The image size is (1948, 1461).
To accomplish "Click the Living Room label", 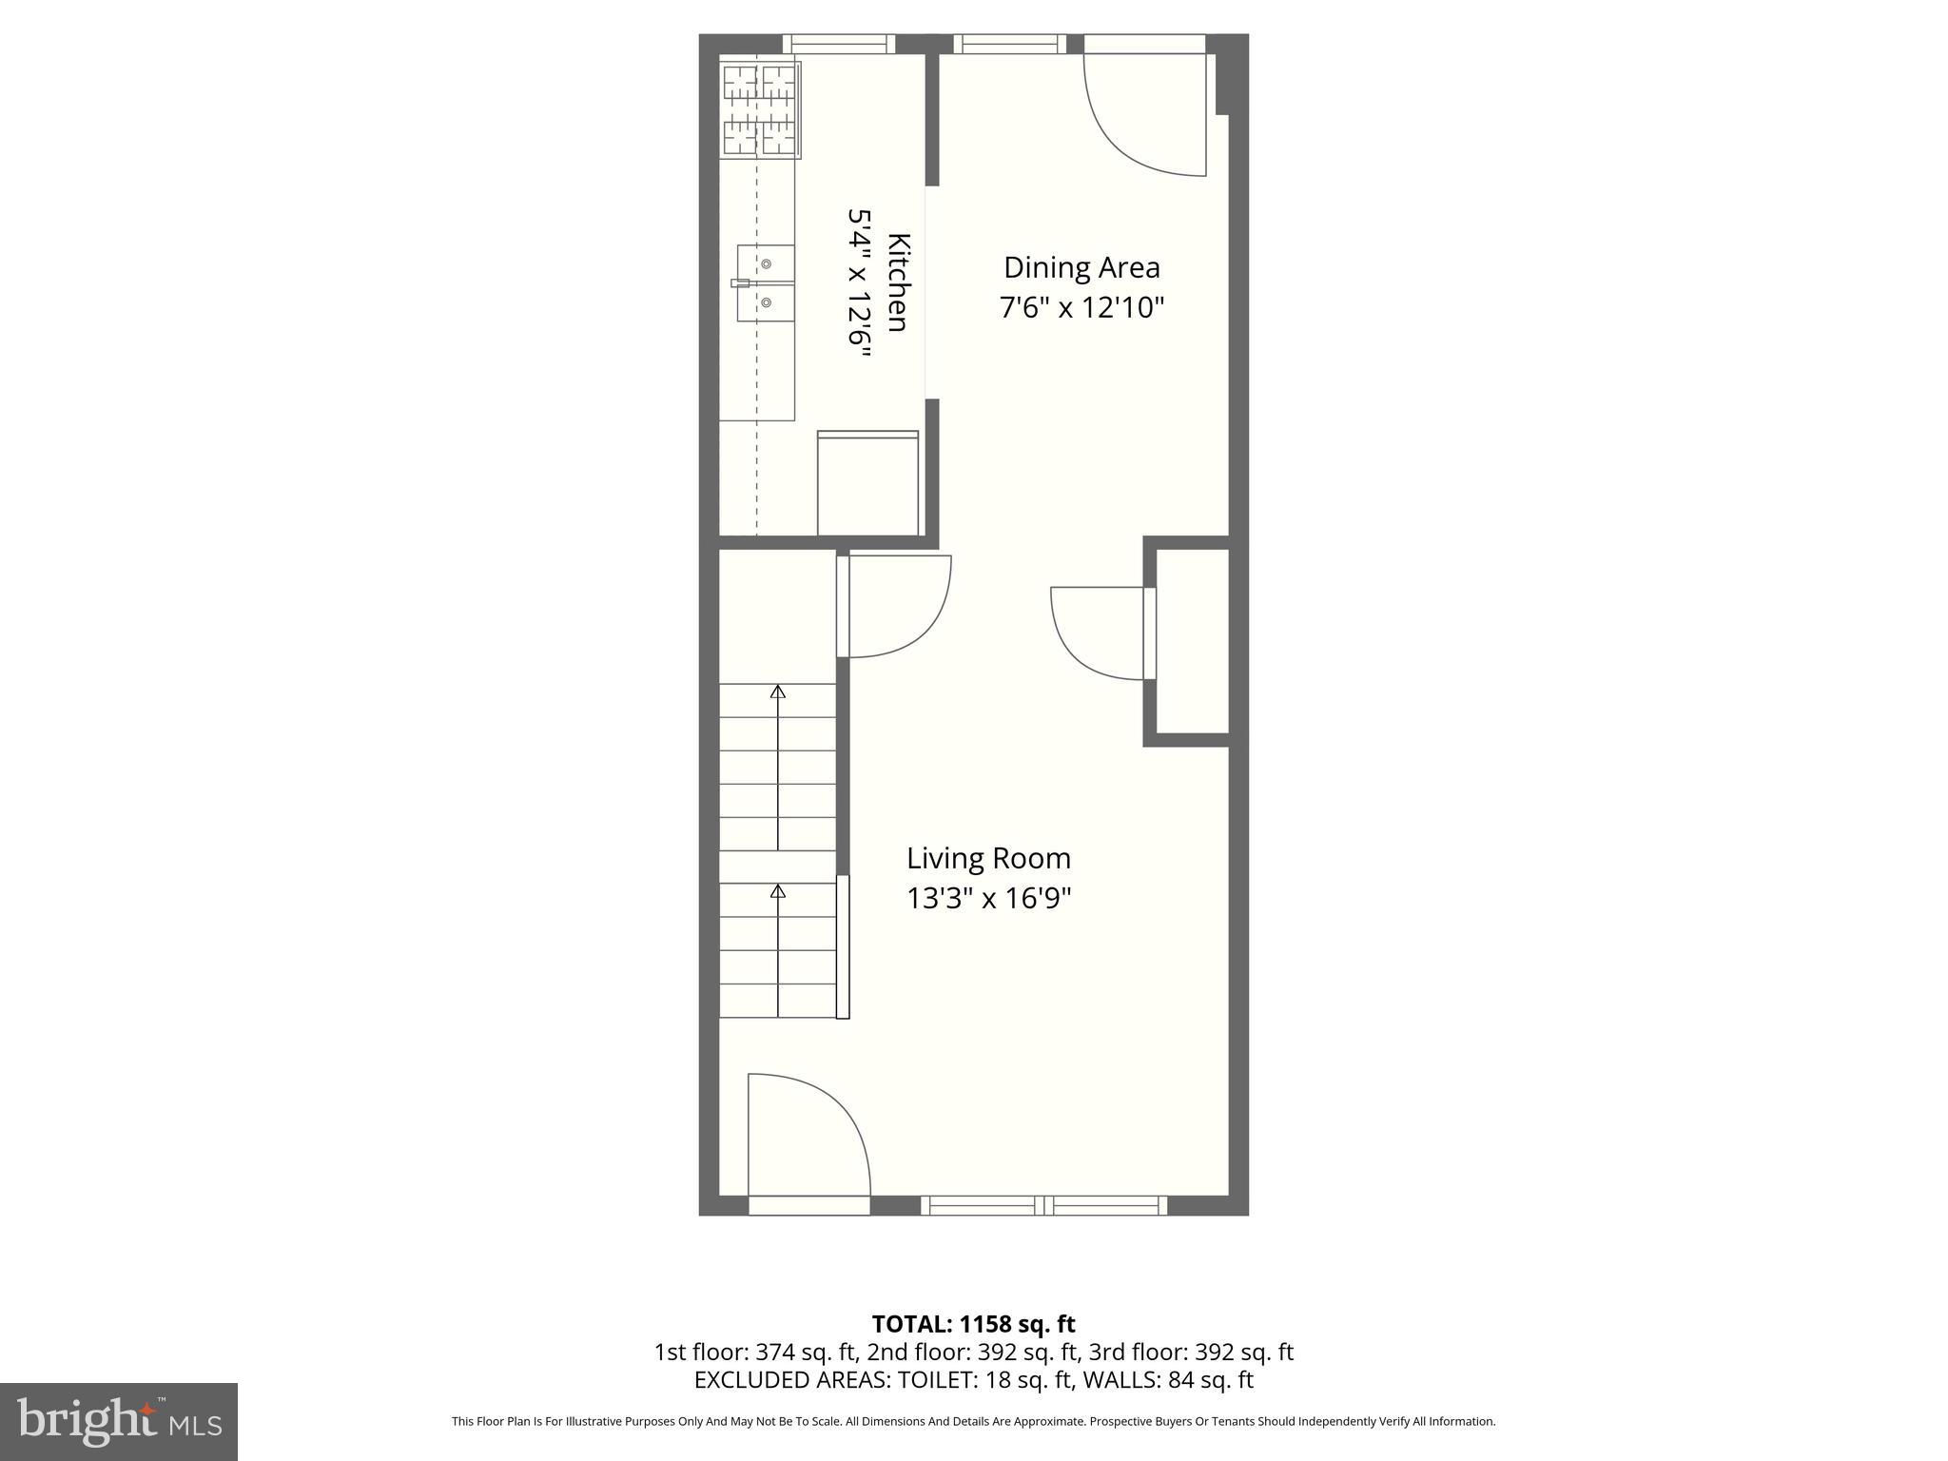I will coord(988,858).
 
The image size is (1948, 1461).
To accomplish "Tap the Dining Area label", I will coord(1081,267).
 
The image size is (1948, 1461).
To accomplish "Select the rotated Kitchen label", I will coord(898,282).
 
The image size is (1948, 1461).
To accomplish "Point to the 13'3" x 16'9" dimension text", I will coord(988,899).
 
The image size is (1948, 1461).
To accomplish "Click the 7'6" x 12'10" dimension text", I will coord(1081,308).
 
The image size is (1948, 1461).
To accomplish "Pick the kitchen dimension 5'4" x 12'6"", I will coord(860,282).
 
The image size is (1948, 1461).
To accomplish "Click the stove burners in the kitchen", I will coord(760,108).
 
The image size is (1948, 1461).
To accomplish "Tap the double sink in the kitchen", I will coord(766,283).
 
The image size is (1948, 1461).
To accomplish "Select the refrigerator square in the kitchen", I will coord(867,483).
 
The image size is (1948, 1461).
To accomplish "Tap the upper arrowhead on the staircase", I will coord(778,692).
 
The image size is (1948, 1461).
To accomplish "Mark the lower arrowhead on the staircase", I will coord(778,891).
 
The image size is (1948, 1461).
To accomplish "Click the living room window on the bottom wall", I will coord(1043,1205).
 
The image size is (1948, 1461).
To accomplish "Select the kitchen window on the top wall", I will coord(838,44).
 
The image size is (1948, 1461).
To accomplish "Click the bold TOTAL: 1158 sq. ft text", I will coord(973,1324).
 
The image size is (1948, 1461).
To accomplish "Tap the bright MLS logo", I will coord(118,1422).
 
